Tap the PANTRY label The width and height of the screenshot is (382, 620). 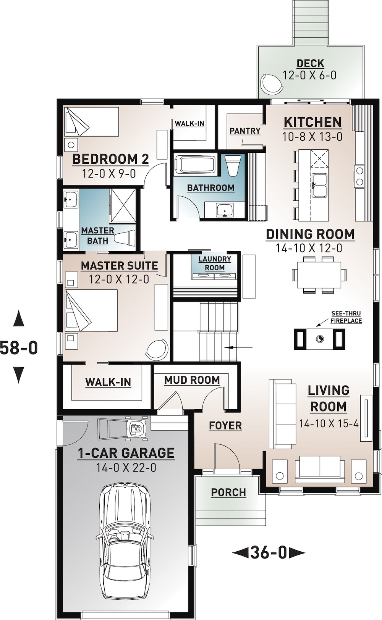[245, 131]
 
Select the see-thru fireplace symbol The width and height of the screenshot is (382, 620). [320, 339]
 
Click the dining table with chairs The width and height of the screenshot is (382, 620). [319, 275]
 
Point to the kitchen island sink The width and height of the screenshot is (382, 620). [319, 185]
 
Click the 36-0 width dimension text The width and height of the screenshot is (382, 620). [269, 552]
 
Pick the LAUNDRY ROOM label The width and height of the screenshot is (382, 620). [215, 263]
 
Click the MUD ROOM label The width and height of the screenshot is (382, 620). [192, 380]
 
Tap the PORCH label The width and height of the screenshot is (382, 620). [228, 492]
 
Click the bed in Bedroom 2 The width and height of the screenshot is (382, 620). [92, 121]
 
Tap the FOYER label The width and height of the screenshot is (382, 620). [225, 426]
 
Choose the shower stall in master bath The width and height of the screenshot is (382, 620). [123, 205]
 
